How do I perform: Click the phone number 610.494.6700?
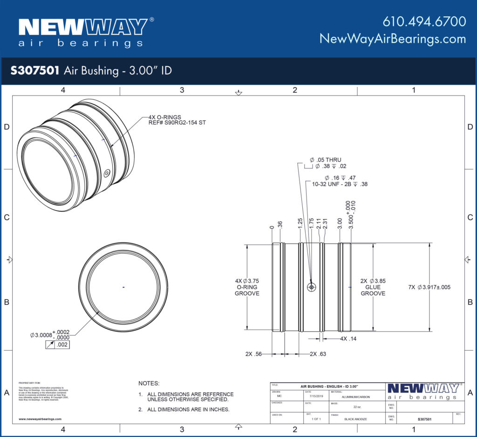click(x=424, y=21)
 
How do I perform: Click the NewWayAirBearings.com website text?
click(x=392, y=39)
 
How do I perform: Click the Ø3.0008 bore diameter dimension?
click(x=46, y=335)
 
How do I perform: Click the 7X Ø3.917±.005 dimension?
click(x=429, y=287)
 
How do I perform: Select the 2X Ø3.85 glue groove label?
click(x=373, y=281)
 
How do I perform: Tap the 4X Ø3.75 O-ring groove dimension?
click(x=247, y=281)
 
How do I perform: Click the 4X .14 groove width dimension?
click(x=348, y=339)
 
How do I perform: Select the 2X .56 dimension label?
click(x=254, y=354)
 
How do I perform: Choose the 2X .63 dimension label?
click(x=318, y=354)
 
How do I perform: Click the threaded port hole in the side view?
click(x=312, y=287)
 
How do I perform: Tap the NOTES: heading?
click(x=149, y=383)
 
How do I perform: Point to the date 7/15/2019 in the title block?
click(x=316, y=397)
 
